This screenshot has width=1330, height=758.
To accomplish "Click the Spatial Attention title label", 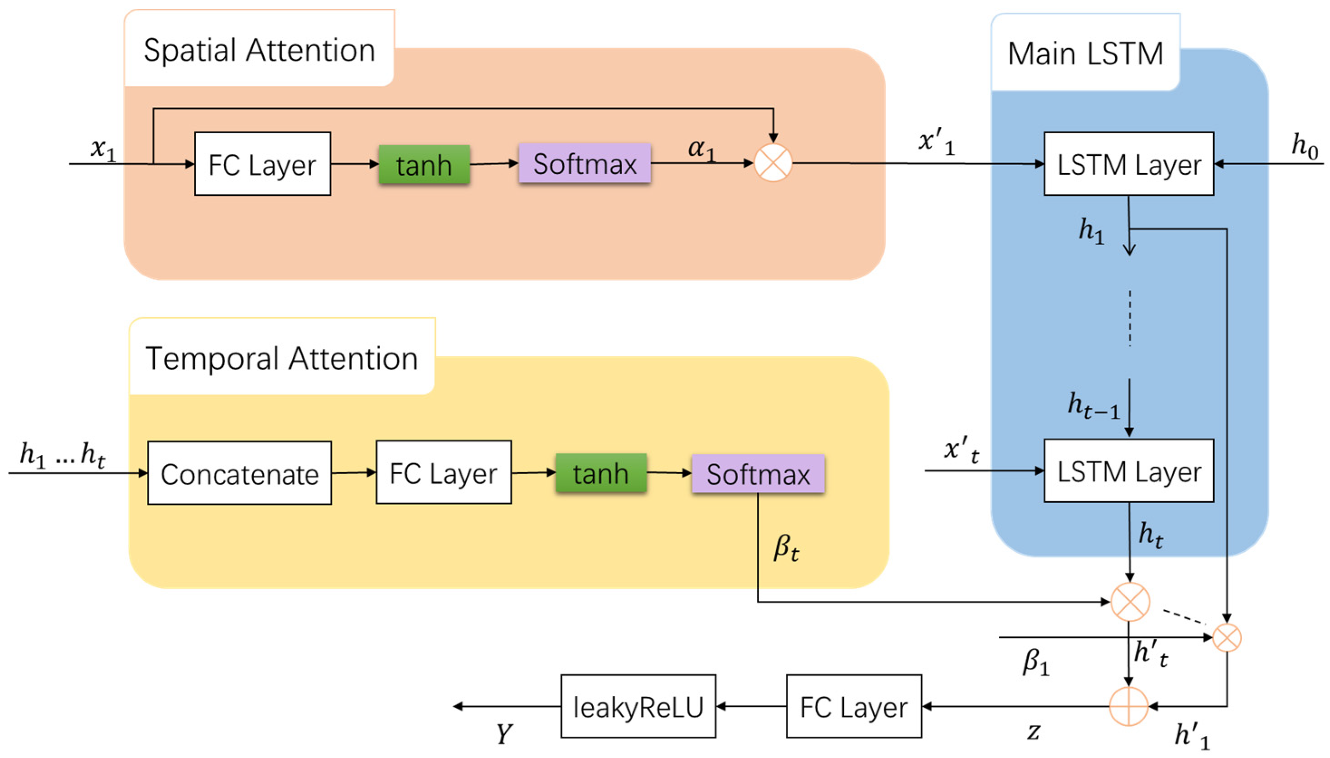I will coord(259,50).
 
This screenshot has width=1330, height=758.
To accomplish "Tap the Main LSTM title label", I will coord(1085,53).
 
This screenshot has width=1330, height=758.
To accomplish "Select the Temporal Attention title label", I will coord(281,358).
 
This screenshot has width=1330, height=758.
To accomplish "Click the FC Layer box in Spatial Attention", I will coord(262,164).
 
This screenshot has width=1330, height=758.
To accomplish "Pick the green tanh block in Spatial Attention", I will coord(424,164).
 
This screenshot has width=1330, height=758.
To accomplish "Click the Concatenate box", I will coord(239,473).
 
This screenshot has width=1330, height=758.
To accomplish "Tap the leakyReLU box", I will coord(638,706).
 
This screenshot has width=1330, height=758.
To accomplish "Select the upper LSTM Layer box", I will coord(1128,164).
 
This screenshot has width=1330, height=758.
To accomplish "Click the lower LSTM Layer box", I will coord(1128,471).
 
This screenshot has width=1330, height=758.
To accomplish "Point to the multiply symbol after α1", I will coord(773,163).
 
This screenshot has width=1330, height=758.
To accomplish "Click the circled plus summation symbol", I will coord(1128,706).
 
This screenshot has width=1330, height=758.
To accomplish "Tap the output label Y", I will coord(503,734).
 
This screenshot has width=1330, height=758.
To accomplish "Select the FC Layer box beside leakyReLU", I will coord(854,706).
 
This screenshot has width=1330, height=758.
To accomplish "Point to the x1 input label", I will coord(103,149).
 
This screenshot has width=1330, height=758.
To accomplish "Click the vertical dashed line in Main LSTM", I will coord(1129,318).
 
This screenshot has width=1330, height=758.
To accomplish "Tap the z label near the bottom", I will coord(1033,731).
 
